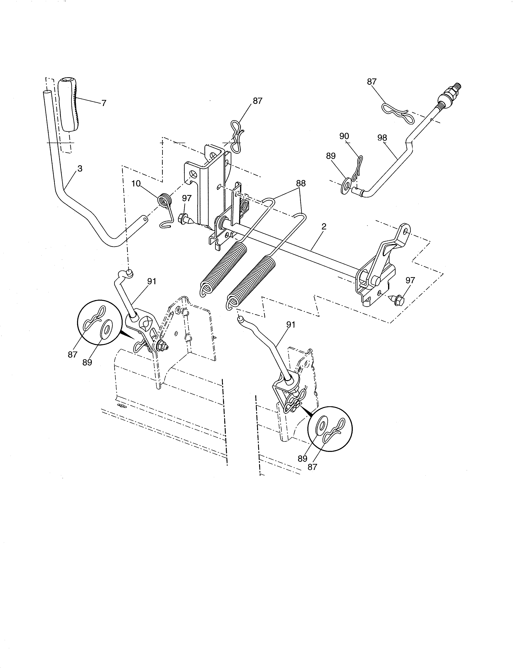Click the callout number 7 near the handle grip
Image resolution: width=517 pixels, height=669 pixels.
(104, 103)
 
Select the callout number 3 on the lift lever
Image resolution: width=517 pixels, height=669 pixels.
(80, 168)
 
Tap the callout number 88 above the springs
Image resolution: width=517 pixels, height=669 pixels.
(301, 183)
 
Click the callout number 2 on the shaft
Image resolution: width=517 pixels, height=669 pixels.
(324, 226)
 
